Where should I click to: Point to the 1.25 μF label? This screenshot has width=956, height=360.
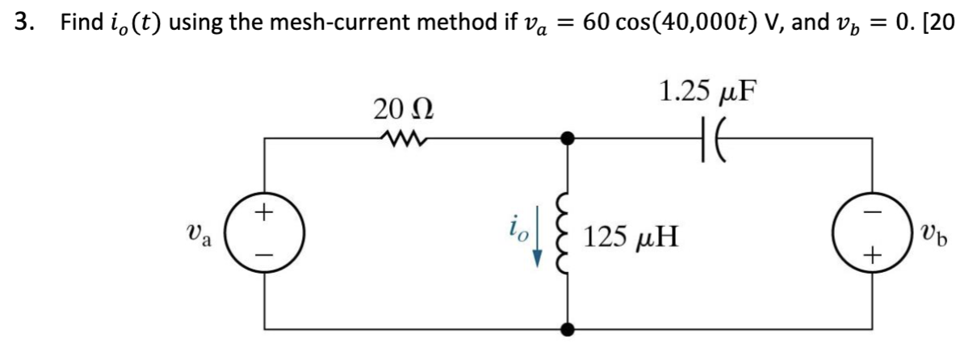707,90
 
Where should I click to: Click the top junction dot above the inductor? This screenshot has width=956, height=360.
568,139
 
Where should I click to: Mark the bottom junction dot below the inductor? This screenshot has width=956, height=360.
568,329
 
